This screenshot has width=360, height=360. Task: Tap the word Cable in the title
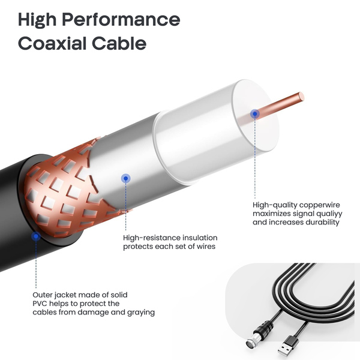point(122,43)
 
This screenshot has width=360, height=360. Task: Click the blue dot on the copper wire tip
point(254,113)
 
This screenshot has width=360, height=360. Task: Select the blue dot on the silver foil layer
point(125,178)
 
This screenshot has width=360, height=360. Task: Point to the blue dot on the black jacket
point(36,236)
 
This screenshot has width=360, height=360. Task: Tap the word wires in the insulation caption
point(202,247)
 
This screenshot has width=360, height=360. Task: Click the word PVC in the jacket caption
point(41,304)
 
